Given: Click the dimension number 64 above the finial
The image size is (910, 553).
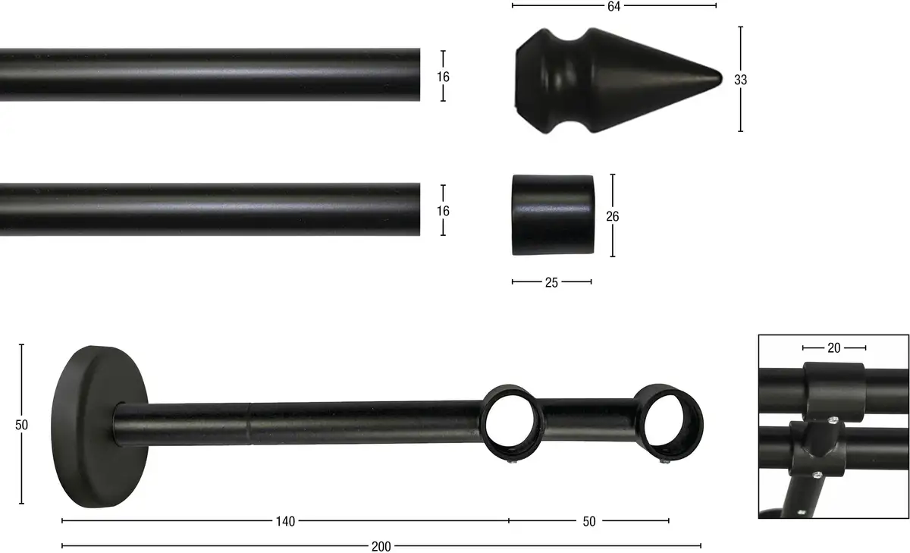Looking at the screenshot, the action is click(613, 7).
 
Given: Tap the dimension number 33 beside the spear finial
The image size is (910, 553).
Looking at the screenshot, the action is click(741, 80).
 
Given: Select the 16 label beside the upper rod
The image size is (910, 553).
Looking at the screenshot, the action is click(443, 77).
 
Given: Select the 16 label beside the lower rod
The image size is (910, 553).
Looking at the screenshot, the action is click(443, 211).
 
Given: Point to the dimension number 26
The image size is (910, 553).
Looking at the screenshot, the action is click(613, 216).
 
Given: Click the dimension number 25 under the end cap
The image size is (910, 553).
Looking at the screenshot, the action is click(551, 282).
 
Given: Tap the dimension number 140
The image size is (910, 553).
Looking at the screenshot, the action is click(285, 521).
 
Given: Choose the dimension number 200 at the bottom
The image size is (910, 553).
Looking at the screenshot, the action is click(381, 546).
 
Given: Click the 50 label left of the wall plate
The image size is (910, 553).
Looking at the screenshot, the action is click(21, 425).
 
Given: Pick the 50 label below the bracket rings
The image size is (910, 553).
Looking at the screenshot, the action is click(589, 521).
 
